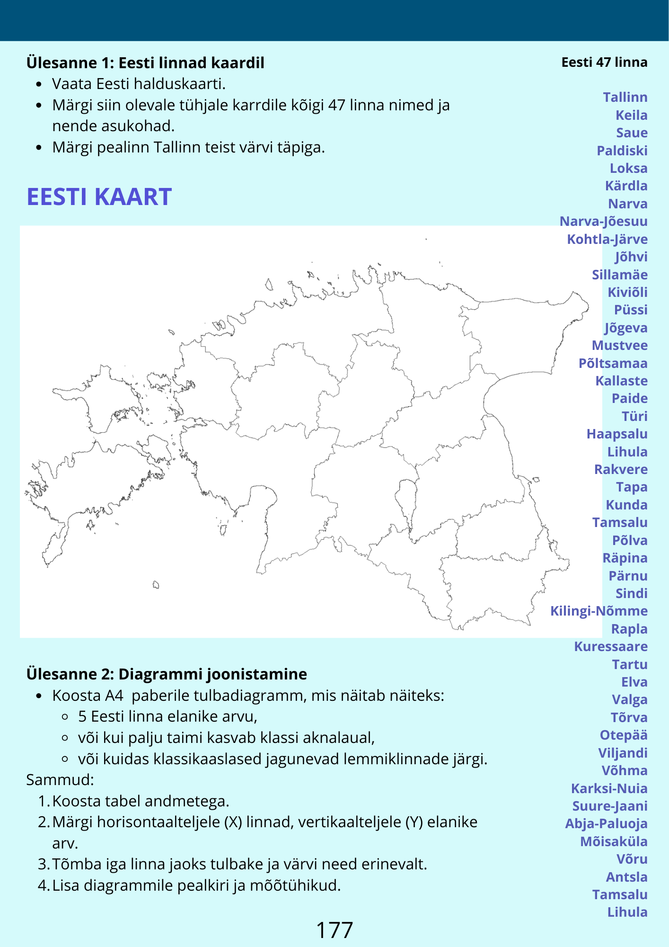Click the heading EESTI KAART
pos(99,197)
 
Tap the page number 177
pos(334,930)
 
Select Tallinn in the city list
pos(625,97)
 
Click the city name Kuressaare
pos(610,646)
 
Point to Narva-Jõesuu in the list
pos(603,221)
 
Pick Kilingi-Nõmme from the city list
pos(599,611)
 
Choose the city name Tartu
pos(629,664)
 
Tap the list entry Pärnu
pos(628,576)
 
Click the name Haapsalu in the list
pos(616,434)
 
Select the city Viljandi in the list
pos(622,753)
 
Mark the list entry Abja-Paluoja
pos(606,823)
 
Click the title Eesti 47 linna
pos(604,62)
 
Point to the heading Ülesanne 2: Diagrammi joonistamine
pos(167,674)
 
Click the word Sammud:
pos(60,779)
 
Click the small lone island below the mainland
pos(156,585)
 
